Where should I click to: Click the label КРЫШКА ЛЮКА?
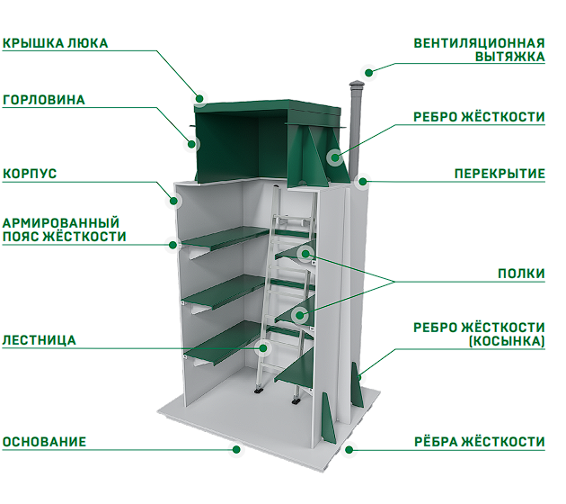55,43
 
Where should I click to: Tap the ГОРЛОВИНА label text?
44,100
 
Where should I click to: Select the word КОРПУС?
30,174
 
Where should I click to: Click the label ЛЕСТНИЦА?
39,340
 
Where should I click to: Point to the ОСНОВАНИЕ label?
44,442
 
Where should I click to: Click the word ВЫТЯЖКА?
509,57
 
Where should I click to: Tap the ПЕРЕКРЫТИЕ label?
500,174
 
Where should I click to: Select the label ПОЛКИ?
521,274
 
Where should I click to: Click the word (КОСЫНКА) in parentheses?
507,341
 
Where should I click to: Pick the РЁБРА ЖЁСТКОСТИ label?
480,442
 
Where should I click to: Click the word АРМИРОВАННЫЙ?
61,222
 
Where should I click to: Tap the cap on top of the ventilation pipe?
355,85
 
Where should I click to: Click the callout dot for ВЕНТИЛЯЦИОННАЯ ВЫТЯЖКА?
368,73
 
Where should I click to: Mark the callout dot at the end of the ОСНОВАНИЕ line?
236,449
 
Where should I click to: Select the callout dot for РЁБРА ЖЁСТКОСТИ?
349,450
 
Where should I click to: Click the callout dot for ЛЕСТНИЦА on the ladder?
263,348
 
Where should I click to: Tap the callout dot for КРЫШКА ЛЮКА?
199,98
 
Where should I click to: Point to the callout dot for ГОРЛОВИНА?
191,144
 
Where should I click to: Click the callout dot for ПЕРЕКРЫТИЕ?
363,182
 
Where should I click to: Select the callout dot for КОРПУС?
174,201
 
